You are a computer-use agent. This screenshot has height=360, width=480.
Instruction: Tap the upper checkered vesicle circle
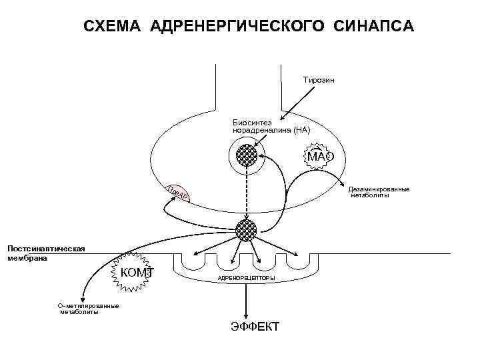(x=247, y=157)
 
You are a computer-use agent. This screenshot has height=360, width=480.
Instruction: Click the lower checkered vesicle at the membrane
(x=247, y=230)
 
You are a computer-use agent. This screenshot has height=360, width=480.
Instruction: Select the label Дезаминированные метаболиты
(x=379, y=192)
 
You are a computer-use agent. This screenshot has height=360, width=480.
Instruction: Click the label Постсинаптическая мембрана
(x=46, y=253)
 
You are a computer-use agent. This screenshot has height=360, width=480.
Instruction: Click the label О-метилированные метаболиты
(x=89, y=309)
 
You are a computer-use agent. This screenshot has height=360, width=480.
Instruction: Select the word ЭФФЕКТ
(x=255, y=327)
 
